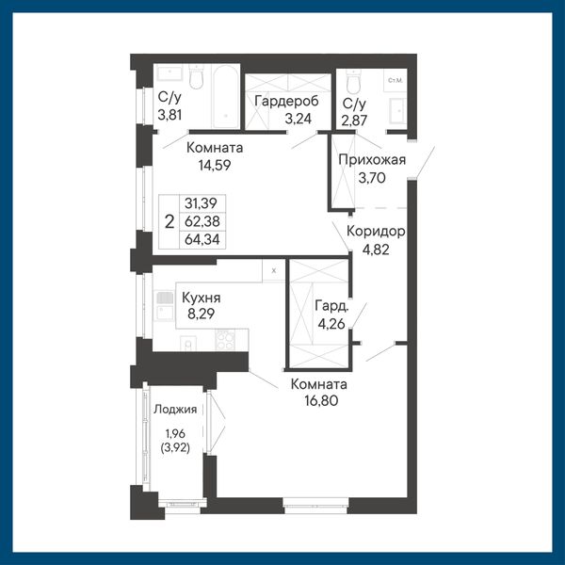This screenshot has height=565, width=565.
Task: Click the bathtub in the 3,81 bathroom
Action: [226, 97]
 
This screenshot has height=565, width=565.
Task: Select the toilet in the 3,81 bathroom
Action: [197, 77]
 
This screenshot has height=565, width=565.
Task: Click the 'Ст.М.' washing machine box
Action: [395, 80]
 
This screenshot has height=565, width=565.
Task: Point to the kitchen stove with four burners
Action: [225, 339]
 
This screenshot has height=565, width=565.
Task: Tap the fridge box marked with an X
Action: [273, 270]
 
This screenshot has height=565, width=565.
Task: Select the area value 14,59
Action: [215, 166]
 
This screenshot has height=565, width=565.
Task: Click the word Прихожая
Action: [372, 160]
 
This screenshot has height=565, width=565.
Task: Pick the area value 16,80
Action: [321, 401]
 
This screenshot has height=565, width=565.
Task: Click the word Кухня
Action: [202, 298]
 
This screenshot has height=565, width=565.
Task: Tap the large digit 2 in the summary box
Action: [169, 221]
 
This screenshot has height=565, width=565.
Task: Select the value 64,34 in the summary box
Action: [202, 239]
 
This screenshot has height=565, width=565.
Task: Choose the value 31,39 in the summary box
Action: [202, 203]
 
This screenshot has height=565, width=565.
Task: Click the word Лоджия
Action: [175, 410]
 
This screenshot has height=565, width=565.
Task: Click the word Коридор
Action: [376, 232]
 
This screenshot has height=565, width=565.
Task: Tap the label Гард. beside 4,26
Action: [331, 306]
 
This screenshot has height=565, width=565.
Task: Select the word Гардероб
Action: [286, 102]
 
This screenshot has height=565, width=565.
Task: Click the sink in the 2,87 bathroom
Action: [397, 110]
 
